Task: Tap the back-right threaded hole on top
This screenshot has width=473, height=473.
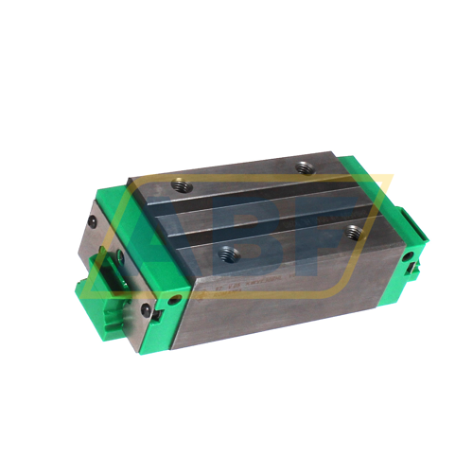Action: pyautogui.click(x=304, y=168)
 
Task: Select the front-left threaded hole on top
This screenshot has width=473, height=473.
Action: pyautogui.click(x=227, y=253)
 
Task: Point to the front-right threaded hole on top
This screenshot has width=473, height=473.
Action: pyautogui.click(x=353, y=230)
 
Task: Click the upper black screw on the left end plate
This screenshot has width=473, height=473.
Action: pyautogui.click(x=92, y=222)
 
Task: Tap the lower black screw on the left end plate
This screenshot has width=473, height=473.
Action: pyautogui.click(x=146, y=309)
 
